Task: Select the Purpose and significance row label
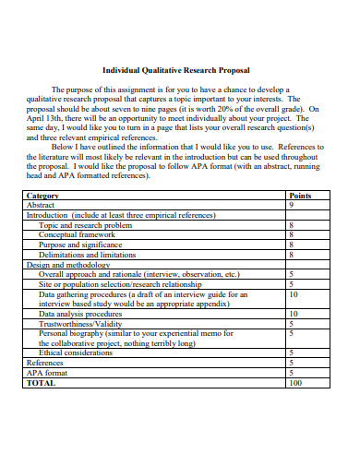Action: pos(80,245)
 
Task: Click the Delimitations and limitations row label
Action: pos(87,255)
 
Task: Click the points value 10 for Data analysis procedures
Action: pos(293,313)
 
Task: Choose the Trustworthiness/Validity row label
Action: pos(80,323)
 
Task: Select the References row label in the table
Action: pos(45,362)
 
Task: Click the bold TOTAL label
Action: pos(41,382)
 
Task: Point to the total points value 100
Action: pos(294,382)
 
